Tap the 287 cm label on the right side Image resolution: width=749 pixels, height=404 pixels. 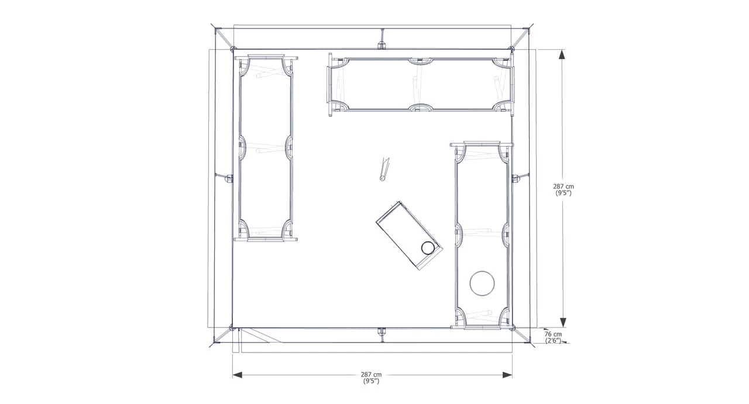point(564,187)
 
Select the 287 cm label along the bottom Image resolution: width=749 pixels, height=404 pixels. point(371,375)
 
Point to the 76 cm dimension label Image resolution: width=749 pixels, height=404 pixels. point(553,334)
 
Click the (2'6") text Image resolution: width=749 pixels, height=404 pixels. point(553,340)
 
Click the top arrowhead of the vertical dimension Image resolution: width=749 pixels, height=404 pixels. point(563,54)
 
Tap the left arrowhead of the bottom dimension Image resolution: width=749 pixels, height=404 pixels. point(238,375)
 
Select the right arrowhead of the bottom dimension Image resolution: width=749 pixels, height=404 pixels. point(507,375)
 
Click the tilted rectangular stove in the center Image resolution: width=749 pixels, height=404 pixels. point(409,236)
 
